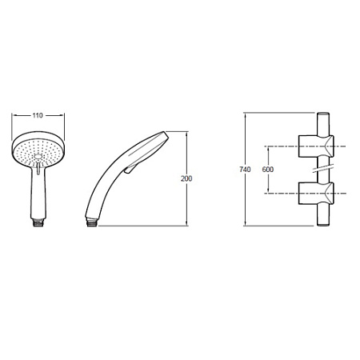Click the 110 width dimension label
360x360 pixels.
coord(38,115)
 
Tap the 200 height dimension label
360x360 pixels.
coord(186,178)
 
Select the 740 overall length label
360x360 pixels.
coord(245,170)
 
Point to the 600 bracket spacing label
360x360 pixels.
coord(268,170)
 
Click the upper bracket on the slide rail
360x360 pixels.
coord(316,146)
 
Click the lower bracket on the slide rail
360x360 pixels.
coord(316,194)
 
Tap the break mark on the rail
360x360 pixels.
coord(323,169)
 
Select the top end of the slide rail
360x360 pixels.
coord(323,114)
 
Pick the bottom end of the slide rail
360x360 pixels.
coord(323,225)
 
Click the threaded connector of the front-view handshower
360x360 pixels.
coord(39,222)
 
